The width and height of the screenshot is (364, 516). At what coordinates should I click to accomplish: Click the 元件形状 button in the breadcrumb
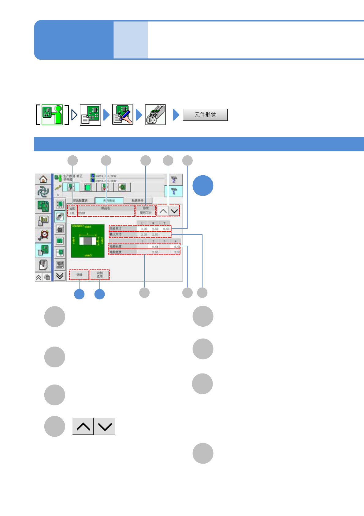tap(205, 115)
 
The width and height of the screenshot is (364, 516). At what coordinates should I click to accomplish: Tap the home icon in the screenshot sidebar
tap(43, 179)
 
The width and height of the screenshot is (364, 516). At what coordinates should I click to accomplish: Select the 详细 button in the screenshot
tap(79, 275)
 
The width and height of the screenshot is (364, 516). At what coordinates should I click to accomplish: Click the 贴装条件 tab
tap(138, 200)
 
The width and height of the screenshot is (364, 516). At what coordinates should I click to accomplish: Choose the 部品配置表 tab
tap(80, 200)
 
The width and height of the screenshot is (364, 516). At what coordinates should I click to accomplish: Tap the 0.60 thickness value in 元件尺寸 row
tap(166, 229)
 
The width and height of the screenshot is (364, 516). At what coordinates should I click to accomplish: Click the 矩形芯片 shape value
tap(146, 213)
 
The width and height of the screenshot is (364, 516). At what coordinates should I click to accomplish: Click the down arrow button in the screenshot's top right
tap(174, 211)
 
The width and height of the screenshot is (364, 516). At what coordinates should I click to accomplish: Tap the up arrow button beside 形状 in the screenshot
tap(163, 211)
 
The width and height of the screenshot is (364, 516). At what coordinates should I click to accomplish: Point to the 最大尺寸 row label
tap(116, 234)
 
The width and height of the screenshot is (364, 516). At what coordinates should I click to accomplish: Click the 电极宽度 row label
tap(116, 252)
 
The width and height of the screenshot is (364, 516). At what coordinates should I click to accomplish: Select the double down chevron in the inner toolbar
tap(60, 276)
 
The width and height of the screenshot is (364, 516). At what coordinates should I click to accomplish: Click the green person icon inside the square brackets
tap(52, 115)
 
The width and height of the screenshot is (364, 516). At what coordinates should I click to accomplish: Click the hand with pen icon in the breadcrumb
tap(123, 115)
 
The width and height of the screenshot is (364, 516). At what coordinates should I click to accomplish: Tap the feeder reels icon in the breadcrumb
tap(155, 115)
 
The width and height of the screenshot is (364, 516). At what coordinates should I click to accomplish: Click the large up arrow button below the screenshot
tap(83, 426)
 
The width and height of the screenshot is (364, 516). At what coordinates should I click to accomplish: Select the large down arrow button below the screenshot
tap(105, 426)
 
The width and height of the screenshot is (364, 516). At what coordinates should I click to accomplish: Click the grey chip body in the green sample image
tap(87, 241)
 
